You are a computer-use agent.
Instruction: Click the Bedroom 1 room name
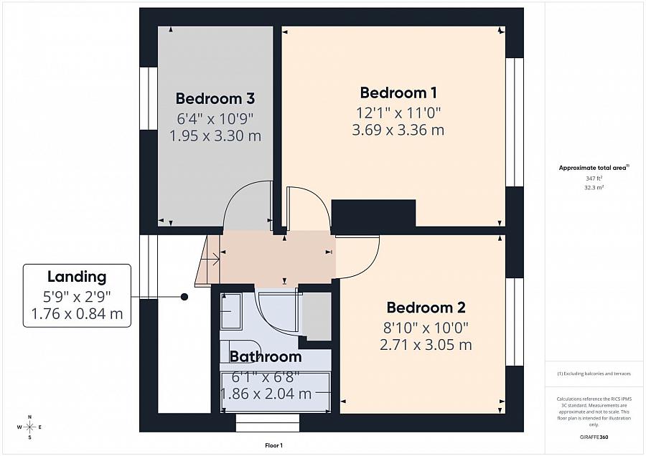tap(398, 92)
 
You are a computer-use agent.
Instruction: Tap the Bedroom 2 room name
tap(426, 308)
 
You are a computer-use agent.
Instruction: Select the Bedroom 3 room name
tap(215, 98)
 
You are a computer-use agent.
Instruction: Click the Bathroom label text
tap(266, 356)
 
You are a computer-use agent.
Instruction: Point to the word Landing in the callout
tap(77, 277)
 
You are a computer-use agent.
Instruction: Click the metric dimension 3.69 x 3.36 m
tap(398, 130)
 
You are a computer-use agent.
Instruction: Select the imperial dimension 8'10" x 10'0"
tap(426, 327)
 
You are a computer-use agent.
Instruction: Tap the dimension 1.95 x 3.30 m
tap(215, 136)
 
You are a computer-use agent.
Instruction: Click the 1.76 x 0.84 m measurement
tap(77, 313)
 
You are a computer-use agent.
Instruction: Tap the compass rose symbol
tap(29, 427)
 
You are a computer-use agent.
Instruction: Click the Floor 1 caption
tap(273, 445)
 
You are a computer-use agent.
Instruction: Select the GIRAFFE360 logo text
tap(594, 437)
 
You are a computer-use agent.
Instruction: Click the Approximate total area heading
tap(592, 168)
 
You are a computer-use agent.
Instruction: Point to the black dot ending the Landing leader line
tap(184, 297)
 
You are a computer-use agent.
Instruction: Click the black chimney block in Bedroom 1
tap(374, 213)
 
